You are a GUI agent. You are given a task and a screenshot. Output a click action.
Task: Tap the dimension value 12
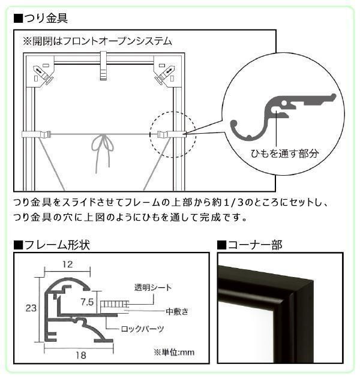(x=67, y=264)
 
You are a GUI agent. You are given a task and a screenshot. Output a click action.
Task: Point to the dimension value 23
(x=31, y=308)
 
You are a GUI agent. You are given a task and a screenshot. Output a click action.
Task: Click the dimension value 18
(x=80, y=356)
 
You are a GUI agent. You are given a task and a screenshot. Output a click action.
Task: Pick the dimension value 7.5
(x=87, y=302)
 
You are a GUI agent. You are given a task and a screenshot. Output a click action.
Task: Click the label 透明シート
(x=153, y=287)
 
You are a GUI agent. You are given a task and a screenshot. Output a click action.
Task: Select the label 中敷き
(x=177, y=311)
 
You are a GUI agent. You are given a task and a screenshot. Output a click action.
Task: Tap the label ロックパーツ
(x=142, y=329)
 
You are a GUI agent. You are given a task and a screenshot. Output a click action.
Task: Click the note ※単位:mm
(x=174, y=352)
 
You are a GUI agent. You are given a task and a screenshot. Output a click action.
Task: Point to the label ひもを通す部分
(x=284, y=154)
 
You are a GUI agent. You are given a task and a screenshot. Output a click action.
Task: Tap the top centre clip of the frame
(x=104, y=65)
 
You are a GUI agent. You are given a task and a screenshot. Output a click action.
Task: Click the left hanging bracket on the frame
(x=37, y=134)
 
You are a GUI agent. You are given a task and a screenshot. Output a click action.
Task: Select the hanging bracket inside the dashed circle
(x=172, y=134)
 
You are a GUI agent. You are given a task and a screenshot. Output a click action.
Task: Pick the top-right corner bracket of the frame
(x=167, y=71)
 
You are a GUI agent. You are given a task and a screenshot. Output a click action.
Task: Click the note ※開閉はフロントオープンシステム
(x=97, y=41)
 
